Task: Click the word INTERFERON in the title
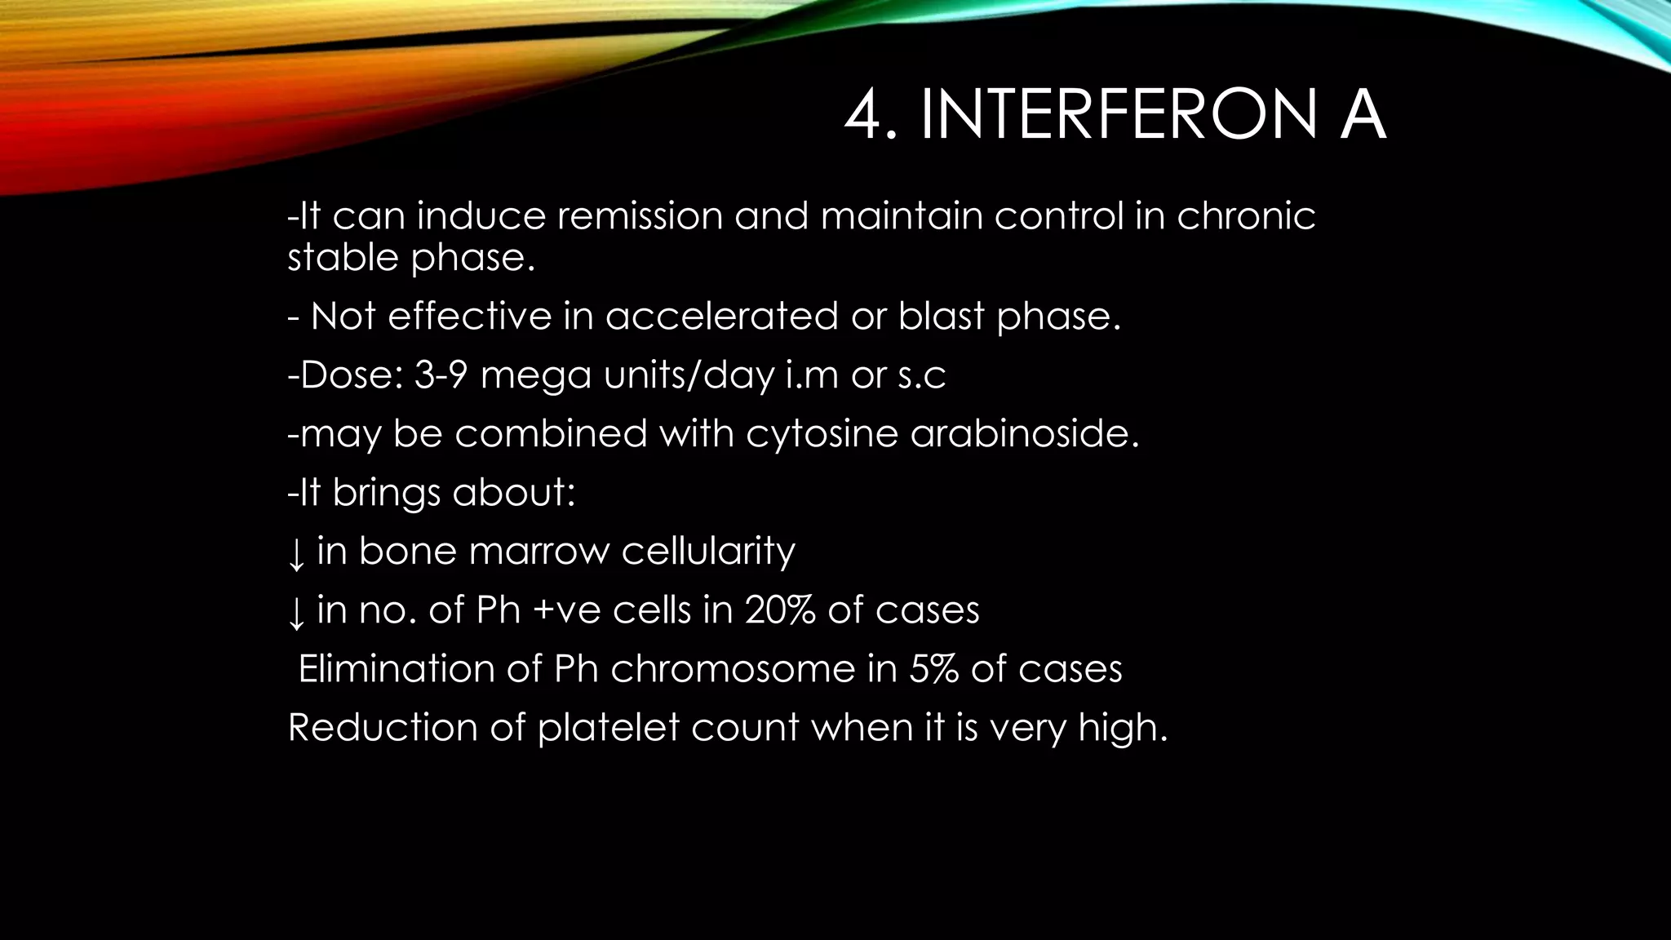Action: click(x=1118, y=116)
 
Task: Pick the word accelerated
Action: click(x=721, y=317)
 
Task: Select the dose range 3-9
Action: click(x=441, y=375)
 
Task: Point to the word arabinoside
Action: click(x=1024, y=433)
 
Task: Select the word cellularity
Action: click(x=708, y=552)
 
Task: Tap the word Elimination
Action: click(x=395, y=669)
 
